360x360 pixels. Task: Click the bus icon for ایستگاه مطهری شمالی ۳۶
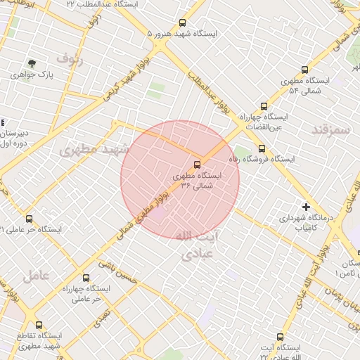pos(196,165)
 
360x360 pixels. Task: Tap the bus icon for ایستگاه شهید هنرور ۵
pos(183,23)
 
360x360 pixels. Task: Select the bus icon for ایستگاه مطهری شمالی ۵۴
pos(304,70)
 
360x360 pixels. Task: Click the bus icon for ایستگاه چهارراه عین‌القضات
pos(264,107)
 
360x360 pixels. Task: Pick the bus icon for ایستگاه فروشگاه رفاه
pos(262,148)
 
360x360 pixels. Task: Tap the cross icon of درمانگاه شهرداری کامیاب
pos(306,207)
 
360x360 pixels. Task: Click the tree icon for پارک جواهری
pos(32,63)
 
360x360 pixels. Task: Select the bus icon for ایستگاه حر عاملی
pos(29,219)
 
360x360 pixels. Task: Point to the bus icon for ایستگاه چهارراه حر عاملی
pos(86,278)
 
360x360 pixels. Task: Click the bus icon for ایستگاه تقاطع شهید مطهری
pos(39,325)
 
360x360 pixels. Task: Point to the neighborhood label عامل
pos(36,275)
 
